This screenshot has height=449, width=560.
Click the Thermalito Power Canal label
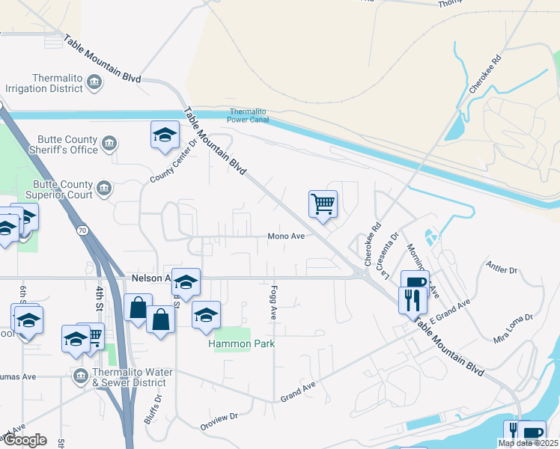(x=248, y=115)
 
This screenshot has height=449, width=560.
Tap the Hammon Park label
(x=242, y=343)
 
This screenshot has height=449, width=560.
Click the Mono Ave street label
(x=286, y=236)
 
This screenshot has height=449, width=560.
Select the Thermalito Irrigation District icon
(x=95, y=82)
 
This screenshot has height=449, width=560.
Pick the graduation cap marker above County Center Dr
(x=165, y=135)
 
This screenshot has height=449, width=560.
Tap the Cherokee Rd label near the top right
(x=485, y=73)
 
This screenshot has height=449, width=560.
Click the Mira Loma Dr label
(x=514, y=328)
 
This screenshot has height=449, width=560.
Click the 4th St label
(x=99, y=297)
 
